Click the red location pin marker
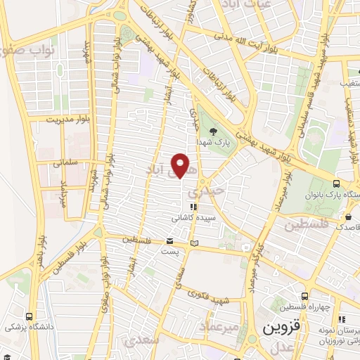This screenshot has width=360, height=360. pyautogui.click(x=181, y=165)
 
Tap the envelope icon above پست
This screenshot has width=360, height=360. pyautogui.click(x=170, y=240)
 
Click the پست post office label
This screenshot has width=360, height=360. pyautogui.click(x=170, y=250)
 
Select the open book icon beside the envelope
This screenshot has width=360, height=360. pyautogui.click(x=195, y=244)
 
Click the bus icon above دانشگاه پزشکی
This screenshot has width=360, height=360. pyautogui.click(x=29, y=316)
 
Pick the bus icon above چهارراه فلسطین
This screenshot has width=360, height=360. pyautogui.click(x=304, y=296)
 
